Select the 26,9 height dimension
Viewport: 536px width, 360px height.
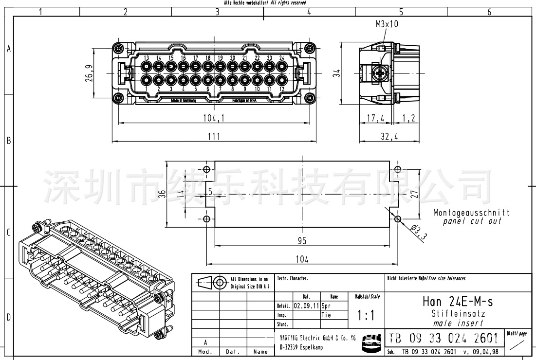click(89, 73)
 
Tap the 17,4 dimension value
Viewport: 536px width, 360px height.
click(375, 118)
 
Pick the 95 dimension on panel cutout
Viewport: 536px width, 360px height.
click(302, 240)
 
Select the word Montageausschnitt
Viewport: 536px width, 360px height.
click(471, 213)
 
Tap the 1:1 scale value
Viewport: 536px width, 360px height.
click(366, 315)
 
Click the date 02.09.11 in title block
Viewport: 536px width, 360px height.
click(306, 306)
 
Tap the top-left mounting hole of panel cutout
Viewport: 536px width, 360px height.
click(207, 170)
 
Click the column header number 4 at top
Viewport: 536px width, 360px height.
click(309, 12)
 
